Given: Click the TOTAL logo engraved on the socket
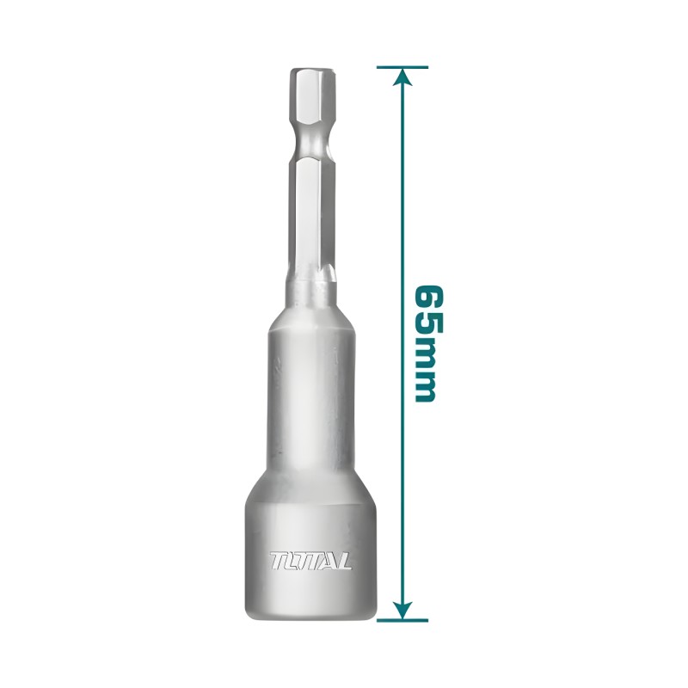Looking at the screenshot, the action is pyautogui.click(x=310, y=561).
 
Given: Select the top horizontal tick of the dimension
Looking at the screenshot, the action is pyautogui.click(x=402, y=67).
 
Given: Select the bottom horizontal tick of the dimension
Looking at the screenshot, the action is pyautogui.click(x=402, y=620).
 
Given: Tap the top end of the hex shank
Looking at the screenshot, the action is pyautogui.click(x=311, y=70).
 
